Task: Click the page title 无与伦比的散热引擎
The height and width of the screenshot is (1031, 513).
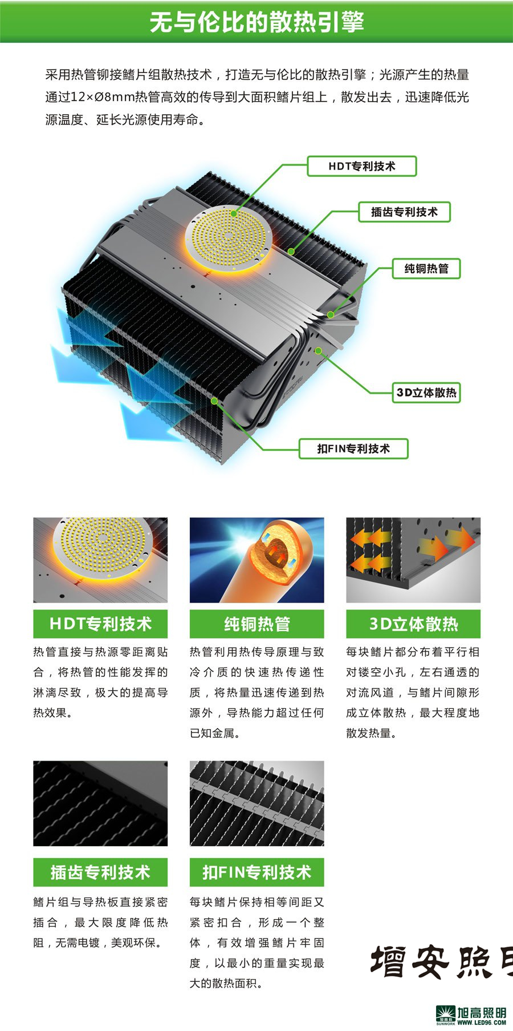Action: pyautogui.click(x=256, y=22)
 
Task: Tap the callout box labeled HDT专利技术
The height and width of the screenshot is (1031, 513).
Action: pyautogui.click(x=362, y=166)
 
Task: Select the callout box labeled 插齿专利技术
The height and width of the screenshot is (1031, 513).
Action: pyautogui.click(x=404, y=212)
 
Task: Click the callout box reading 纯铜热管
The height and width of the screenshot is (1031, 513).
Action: pyautogui.click(x=426, y=268)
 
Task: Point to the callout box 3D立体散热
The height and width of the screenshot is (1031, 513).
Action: pyautogui.click(x=426, y=393)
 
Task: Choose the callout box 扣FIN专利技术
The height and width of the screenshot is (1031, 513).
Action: pyautogui.click(x=353, y=448)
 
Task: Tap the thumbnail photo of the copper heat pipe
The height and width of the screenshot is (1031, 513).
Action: pyautogui.click(x=256, y=560)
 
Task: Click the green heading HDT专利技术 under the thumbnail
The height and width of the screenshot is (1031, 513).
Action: pyautogui.click(x=100, y=624)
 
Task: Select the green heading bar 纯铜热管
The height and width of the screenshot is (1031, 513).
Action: pyautogui.click(x=256, y=624)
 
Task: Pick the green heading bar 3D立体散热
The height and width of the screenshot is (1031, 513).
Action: pyautogui.click(x=413, y=624)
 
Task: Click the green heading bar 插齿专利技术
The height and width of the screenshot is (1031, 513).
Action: pyautogui.click(x=100, y=872)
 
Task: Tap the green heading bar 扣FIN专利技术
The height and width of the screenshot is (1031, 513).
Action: pyautogui.click(x=256, y=872)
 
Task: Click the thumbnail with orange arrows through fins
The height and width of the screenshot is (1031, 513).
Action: pyautogui.click(x=413, y=560)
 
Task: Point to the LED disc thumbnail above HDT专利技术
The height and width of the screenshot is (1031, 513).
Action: pyautogui.click(x=100, y=560)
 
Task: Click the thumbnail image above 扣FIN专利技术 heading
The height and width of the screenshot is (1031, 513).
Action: pyautogui.click(x=256, y=803)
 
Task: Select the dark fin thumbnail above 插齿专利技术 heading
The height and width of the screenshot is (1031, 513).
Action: pyautogui.click(x=100, y=803)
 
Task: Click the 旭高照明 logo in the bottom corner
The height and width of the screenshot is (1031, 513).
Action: pyautogui.click(x=471, y=1015)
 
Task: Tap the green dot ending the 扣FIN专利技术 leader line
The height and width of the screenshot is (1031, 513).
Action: pyautogui.click(x=214, y=401)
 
